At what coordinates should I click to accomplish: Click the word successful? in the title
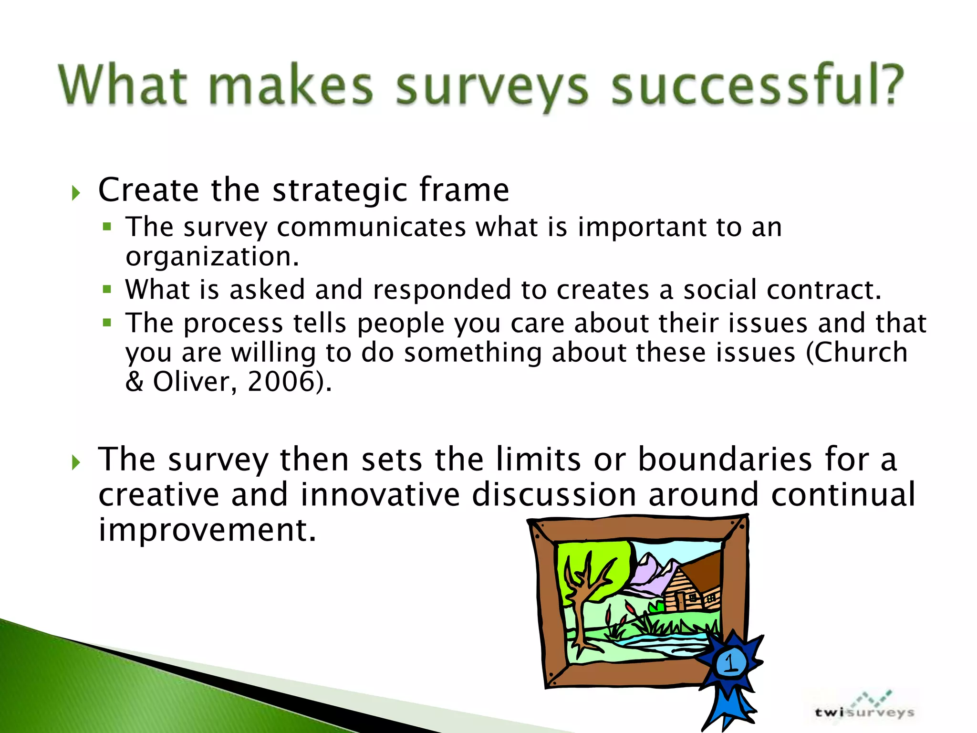click(x=757, y=86)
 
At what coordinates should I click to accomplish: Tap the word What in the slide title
click(x=123, y=86)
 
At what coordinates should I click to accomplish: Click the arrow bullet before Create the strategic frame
click(x=76, y=193)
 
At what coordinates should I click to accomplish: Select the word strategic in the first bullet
click(x=340, y=190)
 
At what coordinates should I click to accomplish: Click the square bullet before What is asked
click(x=107, y=289)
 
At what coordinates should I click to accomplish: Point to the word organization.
click(x=212, y=257)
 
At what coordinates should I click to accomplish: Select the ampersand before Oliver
click(x=135, y=381)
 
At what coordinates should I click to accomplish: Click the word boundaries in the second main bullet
click(x=725, y=459)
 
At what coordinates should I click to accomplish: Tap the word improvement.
click(x=207, y=530)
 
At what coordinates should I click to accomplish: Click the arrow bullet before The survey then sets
click(x=76, y=462)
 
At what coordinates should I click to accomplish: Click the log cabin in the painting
click(x=687, y=592)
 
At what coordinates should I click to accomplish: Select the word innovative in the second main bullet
click(x=380, y=494)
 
